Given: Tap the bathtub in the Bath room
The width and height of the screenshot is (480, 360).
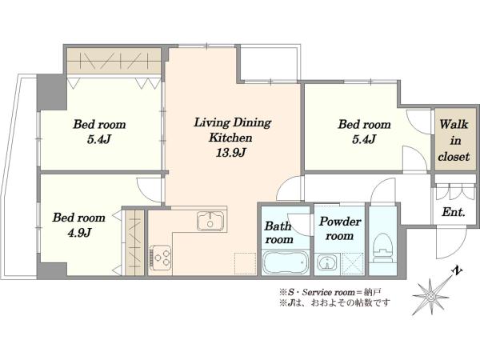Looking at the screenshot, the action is [286, 262].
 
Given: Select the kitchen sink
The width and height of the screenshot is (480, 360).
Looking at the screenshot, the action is [210, 221].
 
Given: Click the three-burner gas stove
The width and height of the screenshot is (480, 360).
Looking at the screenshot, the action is [160, 257].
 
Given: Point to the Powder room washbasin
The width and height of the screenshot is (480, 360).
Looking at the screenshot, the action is [327, 262].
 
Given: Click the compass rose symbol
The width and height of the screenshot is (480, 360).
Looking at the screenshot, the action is [430, 297].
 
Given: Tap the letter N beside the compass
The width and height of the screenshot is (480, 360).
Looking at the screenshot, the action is [458, 271].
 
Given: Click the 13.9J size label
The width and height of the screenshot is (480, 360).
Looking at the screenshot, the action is [231, 153].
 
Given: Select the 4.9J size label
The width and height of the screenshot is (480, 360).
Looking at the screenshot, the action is [79, 234].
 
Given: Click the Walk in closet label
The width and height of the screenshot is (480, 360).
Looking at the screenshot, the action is [454, 141].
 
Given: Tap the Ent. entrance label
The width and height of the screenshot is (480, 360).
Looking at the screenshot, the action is [454, 212].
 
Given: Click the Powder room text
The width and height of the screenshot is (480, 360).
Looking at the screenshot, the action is [340, 228].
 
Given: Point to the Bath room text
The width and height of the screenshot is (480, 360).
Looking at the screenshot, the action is [278, 233].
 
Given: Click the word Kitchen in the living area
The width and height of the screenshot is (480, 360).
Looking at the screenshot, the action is [230, 138].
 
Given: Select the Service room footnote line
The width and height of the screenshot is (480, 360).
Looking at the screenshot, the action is [330, 292].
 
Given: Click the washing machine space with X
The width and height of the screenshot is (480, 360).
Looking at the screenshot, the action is [352, 262].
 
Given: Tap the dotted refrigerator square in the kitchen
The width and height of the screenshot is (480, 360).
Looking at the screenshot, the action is [246, 263].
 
